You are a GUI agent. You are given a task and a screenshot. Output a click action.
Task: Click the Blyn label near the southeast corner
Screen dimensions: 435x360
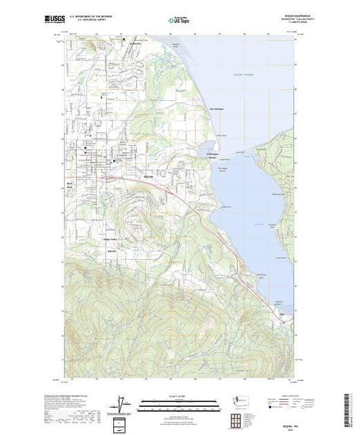coord(281,312)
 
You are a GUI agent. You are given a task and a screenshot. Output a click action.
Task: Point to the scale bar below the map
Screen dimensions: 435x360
coord(180,400)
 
